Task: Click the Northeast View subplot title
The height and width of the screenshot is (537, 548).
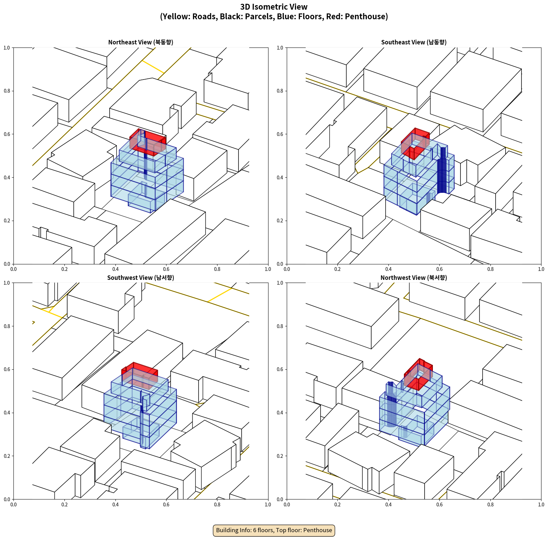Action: [141, 42]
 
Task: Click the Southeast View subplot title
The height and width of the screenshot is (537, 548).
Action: [414, 42]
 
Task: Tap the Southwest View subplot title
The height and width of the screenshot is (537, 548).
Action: [141, 277]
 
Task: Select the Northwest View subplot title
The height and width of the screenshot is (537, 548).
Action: [414, 277]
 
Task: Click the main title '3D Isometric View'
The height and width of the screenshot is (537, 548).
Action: [274, 7]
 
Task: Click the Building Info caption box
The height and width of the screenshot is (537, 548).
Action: [274, 530]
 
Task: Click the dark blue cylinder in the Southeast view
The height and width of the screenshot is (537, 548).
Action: [442, 170]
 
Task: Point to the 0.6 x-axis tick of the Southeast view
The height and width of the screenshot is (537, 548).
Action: [439, 269]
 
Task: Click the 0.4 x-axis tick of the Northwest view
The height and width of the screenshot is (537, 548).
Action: [388, 505]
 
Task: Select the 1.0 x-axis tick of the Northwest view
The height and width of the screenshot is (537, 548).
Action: [541, 505]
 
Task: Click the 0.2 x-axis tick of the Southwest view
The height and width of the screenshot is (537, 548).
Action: [64, 505]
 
